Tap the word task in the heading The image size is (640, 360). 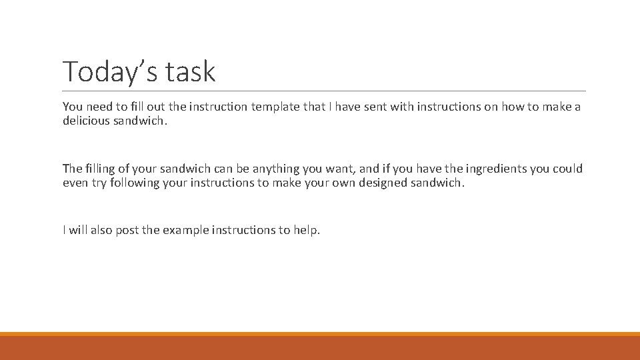(192, 71)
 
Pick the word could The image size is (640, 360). (567, 169)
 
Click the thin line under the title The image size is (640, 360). (324, 91)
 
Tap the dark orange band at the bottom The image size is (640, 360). (320, 348)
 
